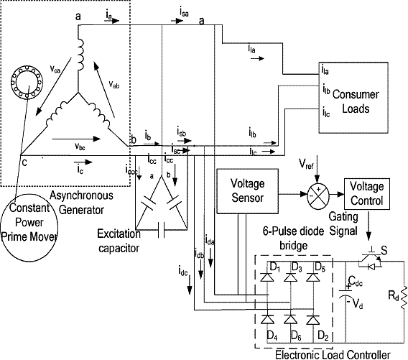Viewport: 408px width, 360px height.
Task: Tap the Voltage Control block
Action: (371, 193)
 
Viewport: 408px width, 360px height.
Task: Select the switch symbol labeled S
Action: (373, 258)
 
